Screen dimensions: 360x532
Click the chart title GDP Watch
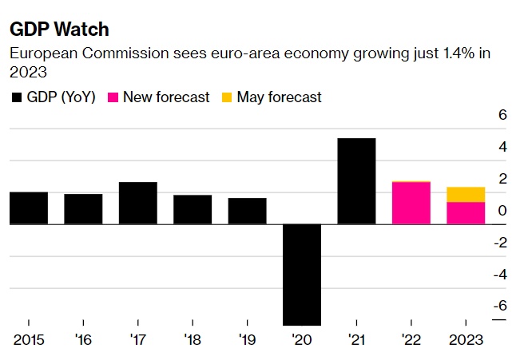(x=59, y=30)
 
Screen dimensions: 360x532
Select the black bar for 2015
(x=29, y=208)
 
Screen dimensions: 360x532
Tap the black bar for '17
(x=137, y=203)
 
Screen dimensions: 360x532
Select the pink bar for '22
(x=411, y=204)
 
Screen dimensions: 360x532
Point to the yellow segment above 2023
(x=466, y=194)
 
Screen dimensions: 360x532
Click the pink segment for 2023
(x=466, y=213)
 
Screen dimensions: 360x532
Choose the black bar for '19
(x=247, y=211)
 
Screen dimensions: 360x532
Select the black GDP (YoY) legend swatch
(x=16, y=97)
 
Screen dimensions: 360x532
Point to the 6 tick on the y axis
(x=502, y=115)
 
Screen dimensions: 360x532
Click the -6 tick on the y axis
(x=500, y=306)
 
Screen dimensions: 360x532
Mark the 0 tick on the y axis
(x=502, y=211)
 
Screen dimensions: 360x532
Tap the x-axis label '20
(x=302, y=339)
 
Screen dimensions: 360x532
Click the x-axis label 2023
(x=466, y=339)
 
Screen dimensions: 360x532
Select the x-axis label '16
(x=83, y=339)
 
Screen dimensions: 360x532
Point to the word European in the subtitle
(x=39, y=53)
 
